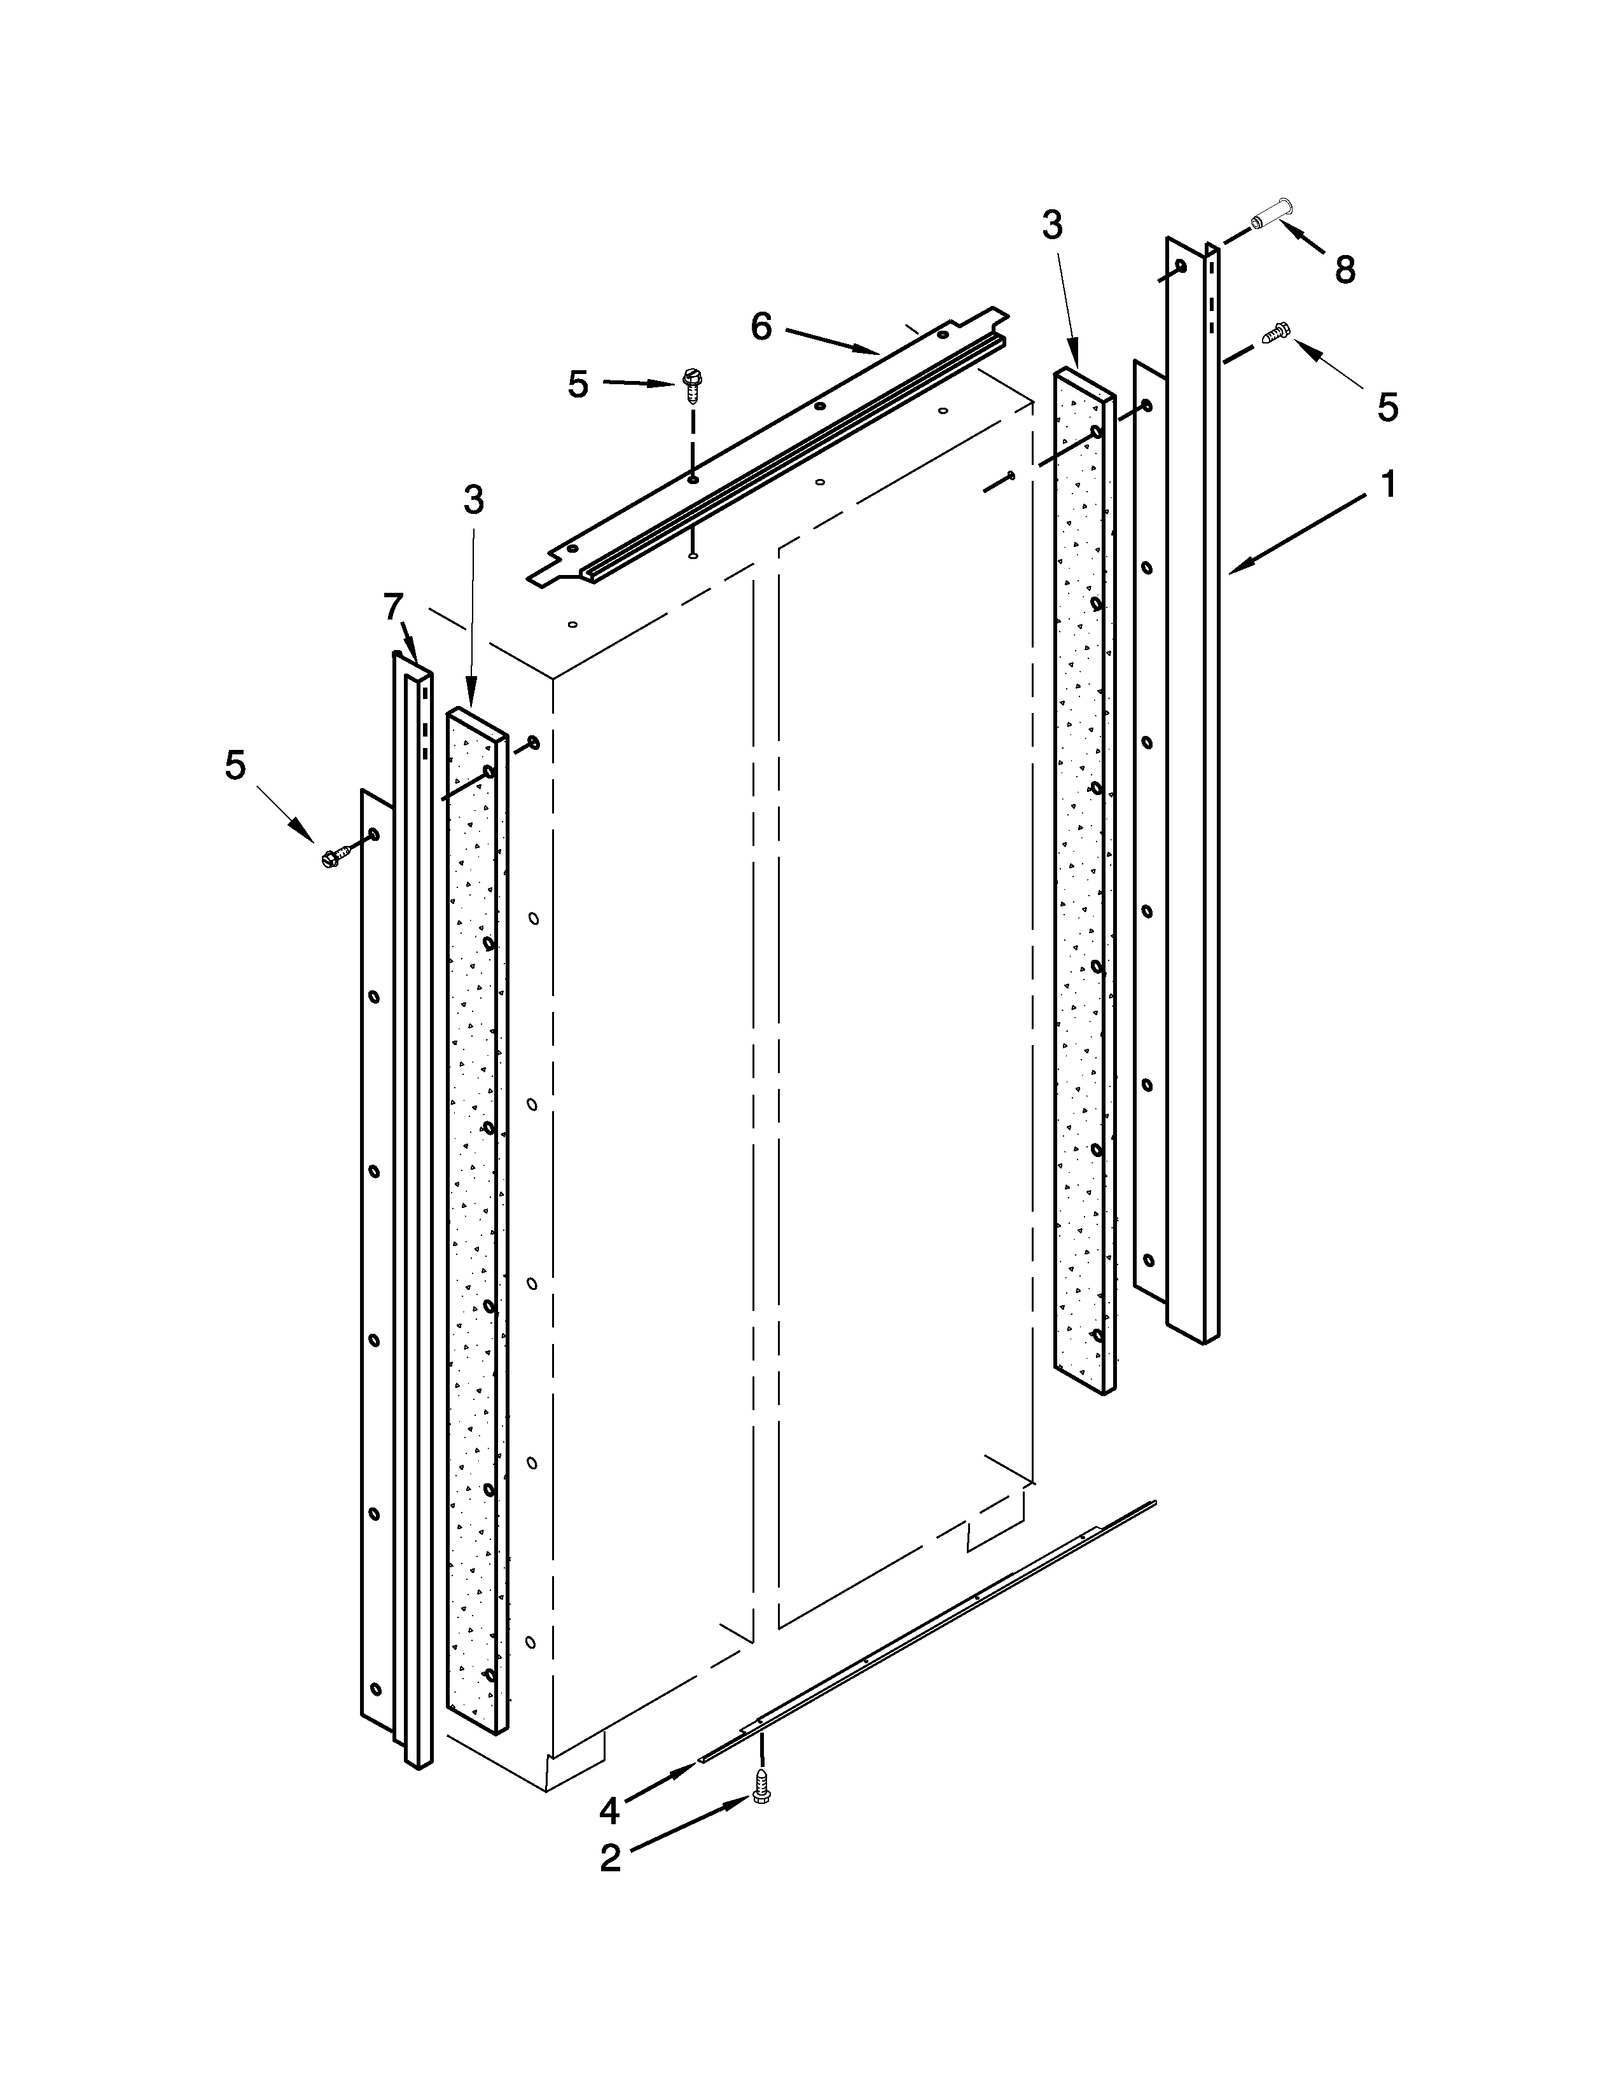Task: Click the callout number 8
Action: [1345, 271]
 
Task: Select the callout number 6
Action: [761, 327]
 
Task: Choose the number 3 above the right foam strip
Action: [1052, 226]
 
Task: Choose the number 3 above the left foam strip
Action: [473, 500]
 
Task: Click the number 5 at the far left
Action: [235, 766]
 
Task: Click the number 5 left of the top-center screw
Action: [578, 384]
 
